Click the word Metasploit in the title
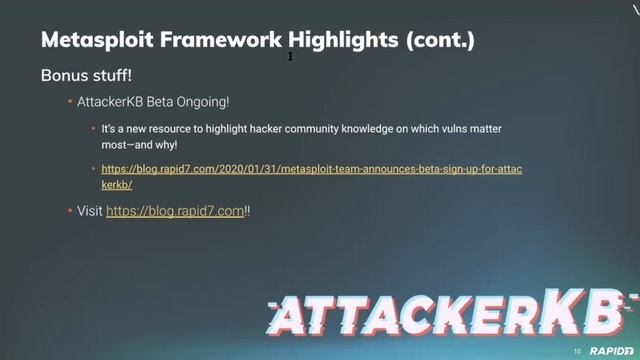pyautogui.click(x=91, y=41)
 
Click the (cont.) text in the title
pyautogui.click(x=439, y=41)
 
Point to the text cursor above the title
pyautogui.click(x=290, y=56)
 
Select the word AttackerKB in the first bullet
pyautogui.click(x=110, y=102)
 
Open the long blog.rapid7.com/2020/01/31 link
pyautogui.click(x=311, y=170)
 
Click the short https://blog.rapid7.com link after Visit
pyautogui.click(x=175, y=212)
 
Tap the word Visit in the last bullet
pyautogui.click(x=90, y=212)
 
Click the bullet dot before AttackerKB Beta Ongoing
pyautogui.click(x=69, y=102)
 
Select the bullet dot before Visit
pyautogui.click(x=69, y=212)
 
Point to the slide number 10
pyautogui.click(x=577, y=351)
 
